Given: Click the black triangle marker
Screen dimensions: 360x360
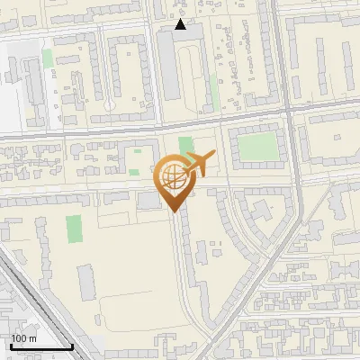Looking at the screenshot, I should coord(181,24).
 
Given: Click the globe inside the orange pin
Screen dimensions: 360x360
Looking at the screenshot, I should coord(174,177).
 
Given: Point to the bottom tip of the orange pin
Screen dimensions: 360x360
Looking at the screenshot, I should coord(174,212).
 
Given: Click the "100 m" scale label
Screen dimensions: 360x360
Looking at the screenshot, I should coord(23,338).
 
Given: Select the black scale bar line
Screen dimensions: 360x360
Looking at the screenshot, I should coord(40,347).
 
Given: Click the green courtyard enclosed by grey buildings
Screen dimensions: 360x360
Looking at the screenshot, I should coord(258,148).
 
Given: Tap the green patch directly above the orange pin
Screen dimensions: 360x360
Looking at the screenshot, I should coord(186,145).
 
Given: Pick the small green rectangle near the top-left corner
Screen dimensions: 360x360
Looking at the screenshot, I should coord(47,58).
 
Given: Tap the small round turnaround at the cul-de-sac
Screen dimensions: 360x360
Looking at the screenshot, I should coord(110,105).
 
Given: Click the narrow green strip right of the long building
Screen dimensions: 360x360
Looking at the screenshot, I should coord(214,90).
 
